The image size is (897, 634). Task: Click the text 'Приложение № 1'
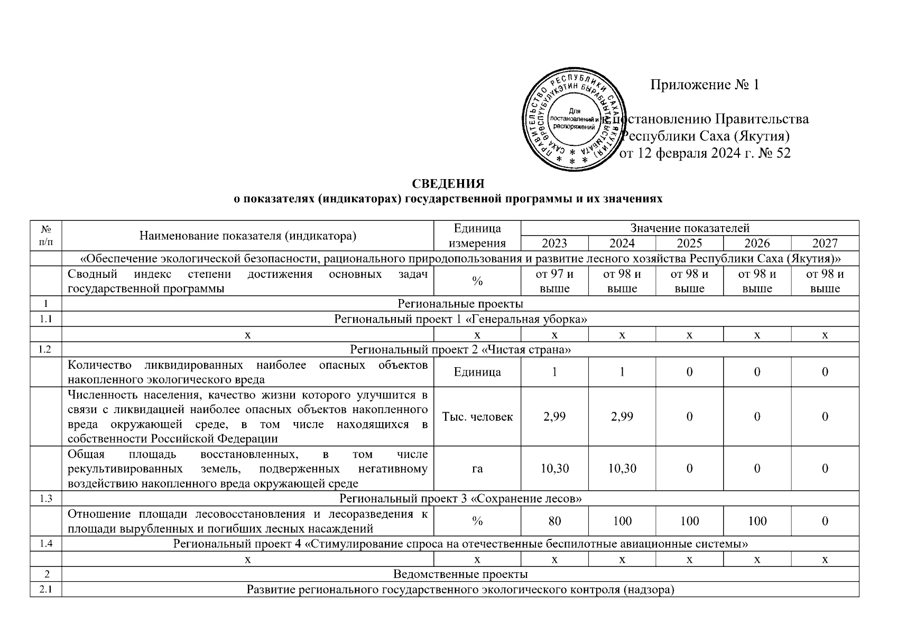click(704, 85)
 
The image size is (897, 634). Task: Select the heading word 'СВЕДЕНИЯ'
click(448, 184)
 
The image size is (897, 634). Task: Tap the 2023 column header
click(554, 243)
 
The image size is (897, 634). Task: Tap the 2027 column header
click(825, 243)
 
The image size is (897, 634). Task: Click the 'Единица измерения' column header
click(477, 236)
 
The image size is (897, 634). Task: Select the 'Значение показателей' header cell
click(689, 228)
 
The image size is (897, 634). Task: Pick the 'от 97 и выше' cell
click(554, 281)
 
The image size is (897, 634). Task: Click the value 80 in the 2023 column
click(554, 521)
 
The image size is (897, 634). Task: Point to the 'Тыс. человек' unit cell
click(477, 416)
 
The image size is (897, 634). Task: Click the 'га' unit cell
click(477, 468)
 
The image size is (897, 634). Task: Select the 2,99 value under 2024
click(622, 416)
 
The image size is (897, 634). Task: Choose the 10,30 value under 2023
click(554, 468)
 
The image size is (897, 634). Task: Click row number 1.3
click(46, 499)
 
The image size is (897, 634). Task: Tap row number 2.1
click(46, 590)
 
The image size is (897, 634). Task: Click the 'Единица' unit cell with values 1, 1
click(477, 372)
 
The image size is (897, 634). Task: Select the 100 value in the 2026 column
click(757, 521)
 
